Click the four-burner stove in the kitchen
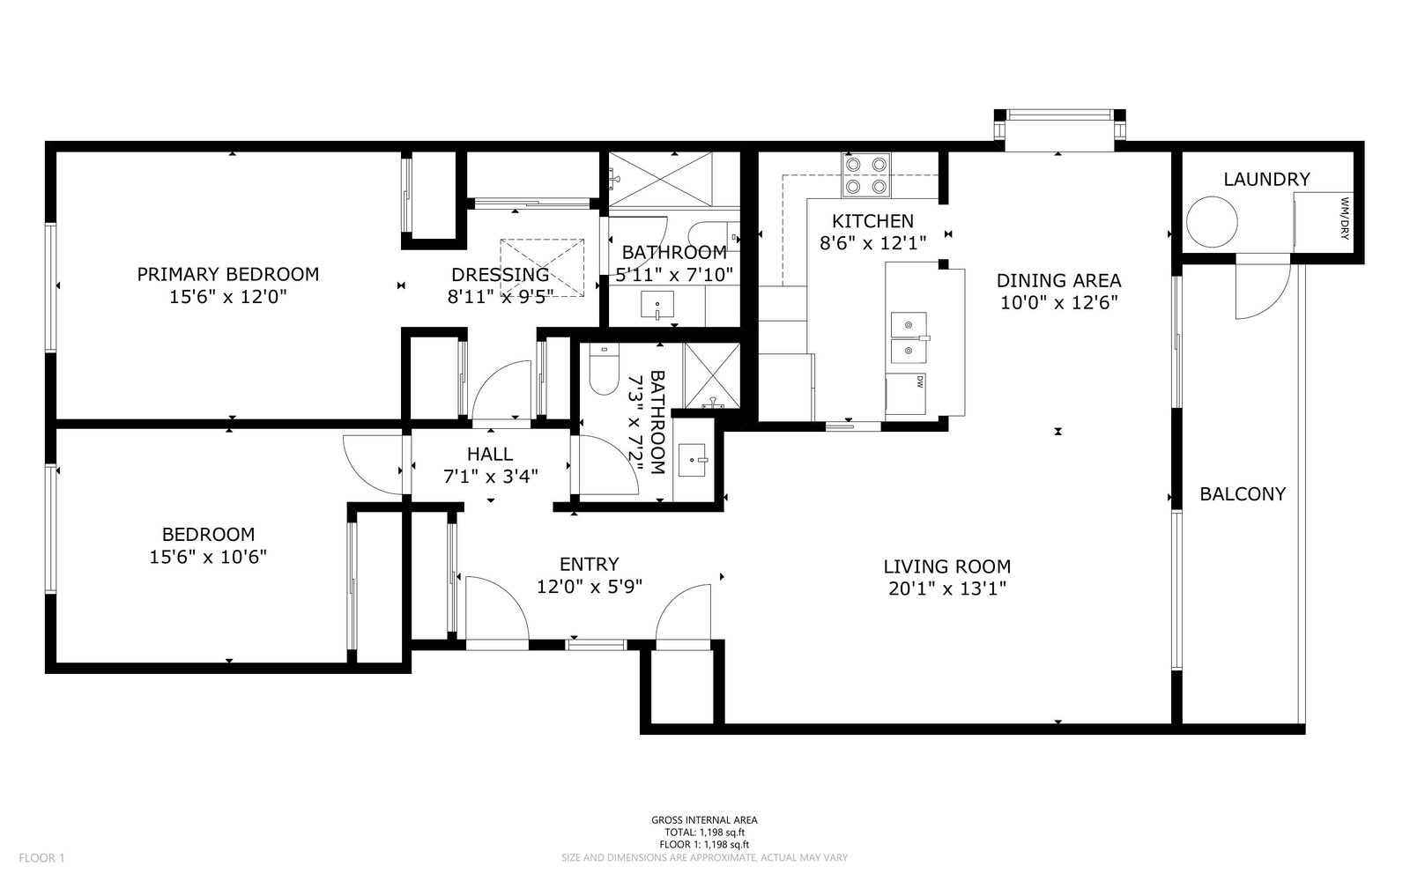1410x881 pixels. (866, 175)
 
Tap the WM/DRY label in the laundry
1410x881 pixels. (1345, 219)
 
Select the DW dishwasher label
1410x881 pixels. (920, 381)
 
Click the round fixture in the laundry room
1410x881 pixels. (1212, 222)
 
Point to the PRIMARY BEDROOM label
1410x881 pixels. (228, 274)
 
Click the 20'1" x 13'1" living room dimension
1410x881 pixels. (947, 589)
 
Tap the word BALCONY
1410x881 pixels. (1243, 494)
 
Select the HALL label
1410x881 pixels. (490, 455)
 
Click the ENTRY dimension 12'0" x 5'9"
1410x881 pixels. (590, 587)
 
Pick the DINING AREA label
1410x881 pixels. (1058, 281)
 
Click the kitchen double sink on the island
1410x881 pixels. (909, 338)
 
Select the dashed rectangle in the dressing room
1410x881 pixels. (542, 268)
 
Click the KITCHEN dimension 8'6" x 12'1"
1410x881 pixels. (872, 243)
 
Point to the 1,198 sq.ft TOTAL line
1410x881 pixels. (704, 833)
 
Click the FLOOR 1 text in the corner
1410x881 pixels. (41, 858)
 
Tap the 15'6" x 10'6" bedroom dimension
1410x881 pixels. (208, 557)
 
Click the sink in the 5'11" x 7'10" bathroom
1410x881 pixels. (657, 305)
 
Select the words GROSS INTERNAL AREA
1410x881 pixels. (704, 820)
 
